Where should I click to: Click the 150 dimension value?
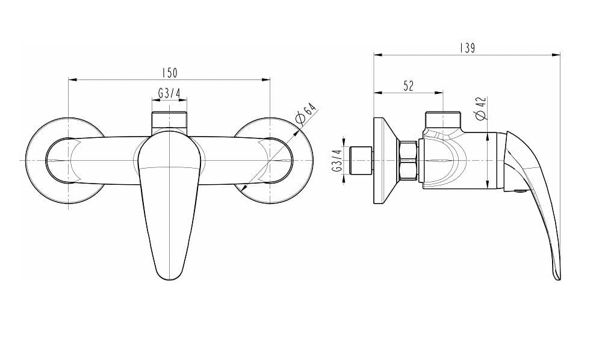(170, 72)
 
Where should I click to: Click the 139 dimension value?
(467, 48)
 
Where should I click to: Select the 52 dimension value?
(408, 85)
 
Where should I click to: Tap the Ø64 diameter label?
(306, 114)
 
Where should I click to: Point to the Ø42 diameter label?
(481, 108)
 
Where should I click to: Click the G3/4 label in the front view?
(170, 93)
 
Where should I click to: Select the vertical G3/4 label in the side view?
(337, 161)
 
